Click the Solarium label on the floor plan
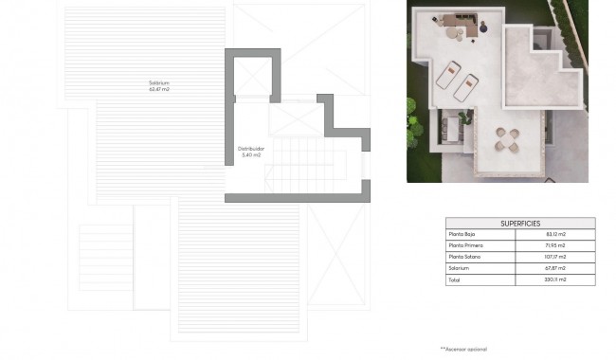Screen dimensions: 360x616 coord(158,83)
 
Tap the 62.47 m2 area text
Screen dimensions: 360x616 coord(158,90)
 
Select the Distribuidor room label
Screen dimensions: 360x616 coord(251,148)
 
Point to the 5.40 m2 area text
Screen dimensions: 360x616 coord(251,154)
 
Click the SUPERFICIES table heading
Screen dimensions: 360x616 coord(520,223)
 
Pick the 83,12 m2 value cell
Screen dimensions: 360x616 coord(556,234)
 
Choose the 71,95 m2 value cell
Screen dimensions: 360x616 coord(556,245)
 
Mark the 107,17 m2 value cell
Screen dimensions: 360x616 coord(556,257)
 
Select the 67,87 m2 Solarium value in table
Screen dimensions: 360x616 coord(556,268)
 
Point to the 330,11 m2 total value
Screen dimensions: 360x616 coord(556,279)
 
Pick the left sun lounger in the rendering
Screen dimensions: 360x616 coord(447,71)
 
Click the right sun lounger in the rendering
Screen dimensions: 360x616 coord(466,90)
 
